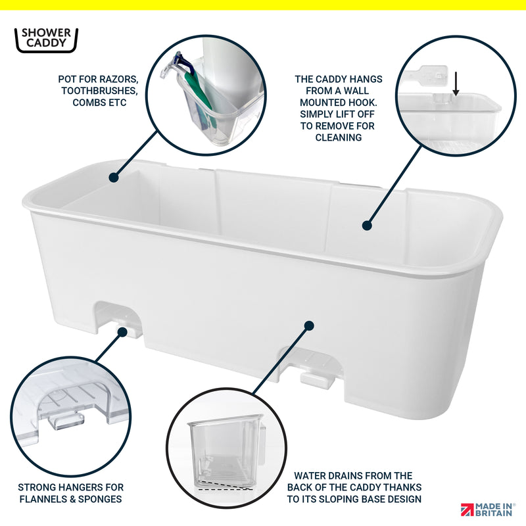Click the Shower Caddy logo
pyautogui.click(x=46, y=40)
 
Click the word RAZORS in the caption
pyautogui.click(x=118, y=79)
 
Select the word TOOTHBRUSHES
pyautogui.click(x=100, y=91)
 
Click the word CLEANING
pyautogui.click(x=339, y=137)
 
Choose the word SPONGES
pyautogui.click(x=100, y=499)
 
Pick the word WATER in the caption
pyautogui.click(x=310, y=475)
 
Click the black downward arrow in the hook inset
pyautogui.click(x=456, y=84)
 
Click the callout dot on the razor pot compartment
pyautogui.click(x=114, y=178)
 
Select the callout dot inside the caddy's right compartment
pyautogui.click(x=367, y=226)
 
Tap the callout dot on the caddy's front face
pyautogui.click(x=309, y=325)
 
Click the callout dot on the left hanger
pyautogui.click(x=122, y=332)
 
